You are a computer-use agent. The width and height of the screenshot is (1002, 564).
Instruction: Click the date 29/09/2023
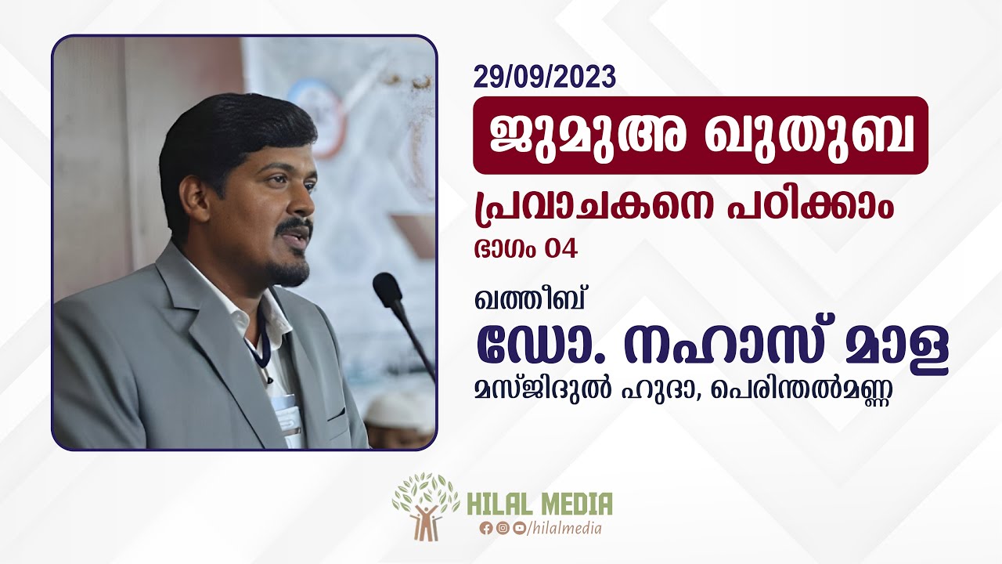coord(544,77)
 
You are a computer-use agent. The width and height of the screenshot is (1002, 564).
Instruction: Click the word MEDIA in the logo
coord(573,504)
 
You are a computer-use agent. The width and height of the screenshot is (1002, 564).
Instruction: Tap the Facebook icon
coord(486,528)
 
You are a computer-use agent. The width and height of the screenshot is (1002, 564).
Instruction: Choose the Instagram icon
coord(503,528)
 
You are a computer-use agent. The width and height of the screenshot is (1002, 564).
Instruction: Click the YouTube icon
coord(519,528)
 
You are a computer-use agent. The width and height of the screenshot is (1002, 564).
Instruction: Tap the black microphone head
coord(387,288)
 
